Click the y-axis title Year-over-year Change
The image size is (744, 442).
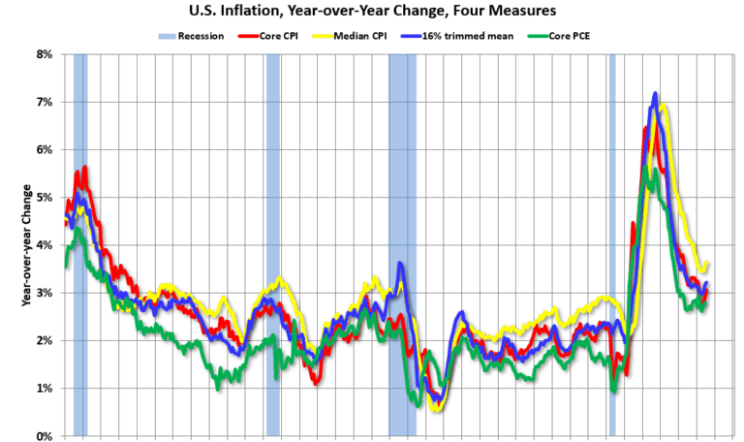click(26, 245)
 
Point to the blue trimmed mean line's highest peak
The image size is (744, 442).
click(656, 94)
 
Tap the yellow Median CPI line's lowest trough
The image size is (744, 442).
click(436, 409)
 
